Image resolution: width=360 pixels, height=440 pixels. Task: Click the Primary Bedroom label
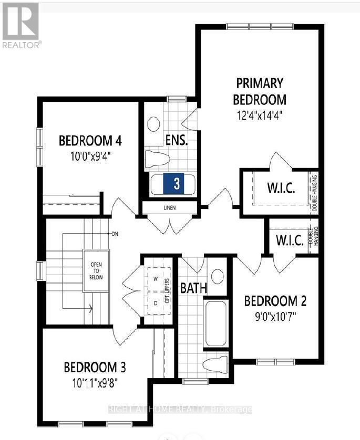(x=260, y=91)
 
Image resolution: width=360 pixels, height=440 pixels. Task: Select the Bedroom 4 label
(x=90, y=141)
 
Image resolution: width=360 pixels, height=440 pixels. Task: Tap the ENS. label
(x=176, y=141)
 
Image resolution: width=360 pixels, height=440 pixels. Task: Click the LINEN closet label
(x=169, y=208)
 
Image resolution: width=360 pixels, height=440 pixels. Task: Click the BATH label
(x=194, y=288)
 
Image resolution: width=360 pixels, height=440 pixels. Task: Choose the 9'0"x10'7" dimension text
(x=275, y=317)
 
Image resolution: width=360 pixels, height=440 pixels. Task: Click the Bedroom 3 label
(x=95, y=366)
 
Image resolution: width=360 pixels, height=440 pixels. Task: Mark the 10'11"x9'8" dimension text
(x=95, y=382)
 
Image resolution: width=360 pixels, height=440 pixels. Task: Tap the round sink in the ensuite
(x=153, y=124)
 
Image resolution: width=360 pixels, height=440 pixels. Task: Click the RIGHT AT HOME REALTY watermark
(x=180, y=409)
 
